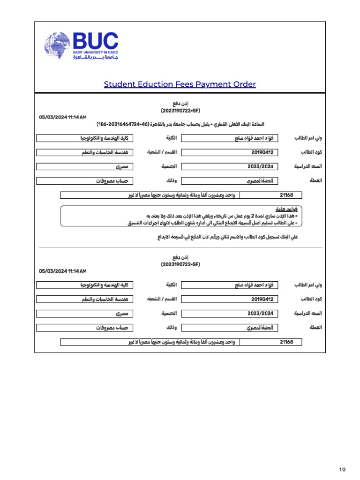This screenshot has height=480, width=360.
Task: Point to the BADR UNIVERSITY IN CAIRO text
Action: point(96,52)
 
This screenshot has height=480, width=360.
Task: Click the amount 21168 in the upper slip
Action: point(286,195)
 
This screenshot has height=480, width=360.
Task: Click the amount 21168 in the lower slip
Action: point(286,342)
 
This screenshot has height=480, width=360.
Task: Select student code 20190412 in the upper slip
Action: point(262,152)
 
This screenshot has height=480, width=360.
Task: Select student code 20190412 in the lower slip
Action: point(262,299)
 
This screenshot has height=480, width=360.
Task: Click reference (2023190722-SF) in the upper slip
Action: point(180,111)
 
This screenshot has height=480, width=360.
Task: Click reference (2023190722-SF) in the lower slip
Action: point(180,265)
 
